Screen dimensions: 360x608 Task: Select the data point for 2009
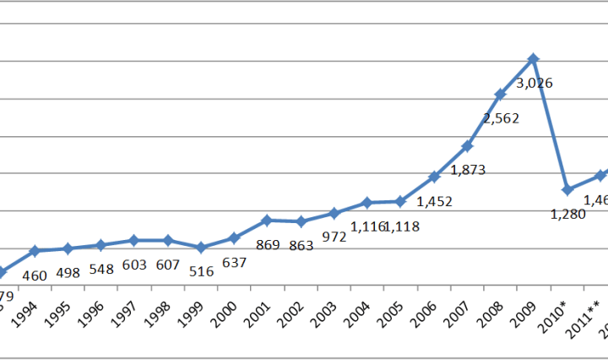534,58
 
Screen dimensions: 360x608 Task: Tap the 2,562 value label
502,119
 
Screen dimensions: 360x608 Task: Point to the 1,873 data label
468,170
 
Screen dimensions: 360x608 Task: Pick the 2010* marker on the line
567,189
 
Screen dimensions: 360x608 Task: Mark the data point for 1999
200,248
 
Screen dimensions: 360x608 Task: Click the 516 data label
199,271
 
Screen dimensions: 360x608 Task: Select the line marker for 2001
267,221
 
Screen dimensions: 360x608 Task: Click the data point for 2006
434,177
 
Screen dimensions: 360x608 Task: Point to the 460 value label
35,275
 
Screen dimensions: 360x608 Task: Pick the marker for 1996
100,245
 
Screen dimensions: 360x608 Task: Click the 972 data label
334,237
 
